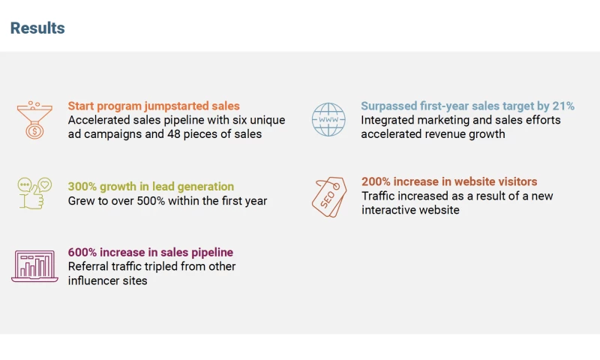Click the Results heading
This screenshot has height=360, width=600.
point(37,28)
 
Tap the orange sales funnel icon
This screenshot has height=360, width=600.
point(34,120)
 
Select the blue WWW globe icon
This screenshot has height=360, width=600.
point(328,120)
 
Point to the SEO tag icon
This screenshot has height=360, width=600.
point(328,196)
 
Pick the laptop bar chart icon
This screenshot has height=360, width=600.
point(34,266)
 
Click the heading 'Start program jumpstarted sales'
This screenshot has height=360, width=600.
point(154,106)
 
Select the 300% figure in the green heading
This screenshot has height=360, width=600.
point(82,187)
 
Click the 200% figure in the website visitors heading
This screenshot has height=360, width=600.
point(376,182)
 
